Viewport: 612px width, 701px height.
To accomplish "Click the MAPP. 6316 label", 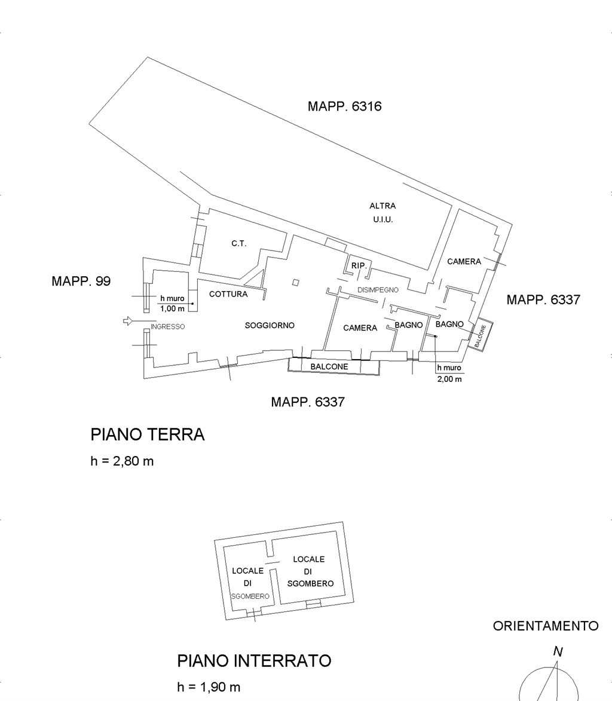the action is click(x=344, y=106).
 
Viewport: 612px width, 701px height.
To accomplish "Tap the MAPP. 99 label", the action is click(x=81, y=281).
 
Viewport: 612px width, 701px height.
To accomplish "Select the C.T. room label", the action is click(x=238, y=244).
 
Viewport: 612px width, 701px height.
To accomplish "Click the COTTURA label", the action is click(x=228, y=294).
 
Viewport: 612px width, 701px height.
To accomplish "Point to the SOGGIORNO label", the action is click(x=270, y=326).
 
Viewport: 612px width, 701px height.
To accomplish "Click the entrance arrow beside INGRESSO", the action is click(x=128, y=320).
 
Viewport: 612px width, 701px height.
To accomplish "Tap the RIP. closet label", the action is click(x=359, y=265).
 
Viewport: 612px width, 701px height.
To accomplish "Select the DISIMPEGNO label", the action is click(x=378, y=290).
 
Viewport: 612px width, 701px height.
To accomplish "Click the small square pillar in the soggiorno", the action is click(x=295, y=282).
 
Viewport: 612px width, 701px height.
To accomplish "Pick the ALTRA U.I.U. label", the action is click(x=382, y=213).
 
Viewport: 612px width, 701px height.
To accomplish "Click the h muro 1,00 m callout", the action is click(x=173, y=304).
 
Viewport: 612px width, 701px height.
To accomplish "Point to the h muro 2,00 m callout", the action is click(x=449, y=374).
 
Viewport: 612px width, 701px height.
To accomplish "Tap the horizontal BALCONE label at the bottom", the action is click(x=329, y=366).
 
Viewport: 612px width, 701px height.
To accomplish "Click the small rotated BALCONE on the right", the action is click(x=480, y=336).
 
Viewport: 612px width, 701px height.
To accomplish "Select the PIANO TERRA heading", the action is click(x=148, y=434).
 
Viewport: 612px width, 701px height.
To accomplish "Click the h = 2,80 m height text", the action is click(x=122, y=461).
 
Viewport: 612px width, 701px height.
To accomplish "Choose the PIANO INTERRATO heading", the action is click(x=254, y=661).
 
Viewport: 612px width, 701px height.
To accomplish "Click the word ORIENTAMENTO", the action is click(x=546, y=626).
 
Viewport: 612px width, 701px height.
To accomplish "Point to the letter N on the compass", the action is click(x=558, y=651).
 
